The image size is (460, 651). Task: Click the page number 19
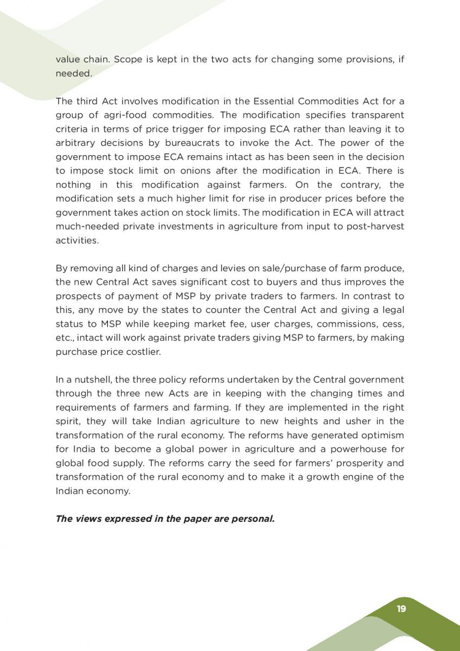401,609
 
